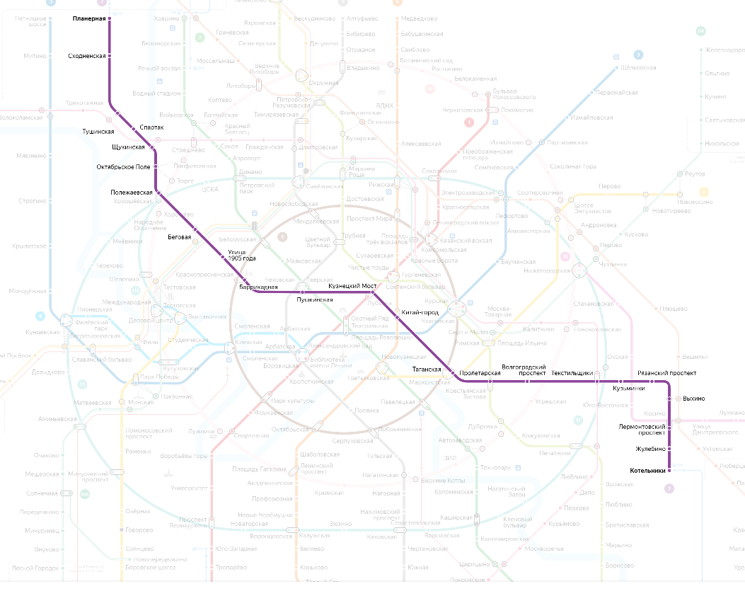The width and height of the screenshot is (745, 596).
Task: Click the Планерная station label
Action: [x=88, y=18]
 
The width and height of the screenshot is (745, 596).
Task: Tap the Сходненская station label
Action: [x=87, y=55]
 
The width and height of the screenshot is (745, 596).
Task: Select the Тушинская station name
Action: [x=98, y=132]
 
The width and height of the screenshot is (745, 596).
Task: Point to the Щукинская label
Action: [x=128, y=147]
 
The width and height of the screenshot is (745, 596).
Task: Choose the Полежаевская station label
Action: [x=132, y=193]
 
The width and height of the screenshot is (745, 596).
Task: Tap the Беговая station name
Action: [x=179, y=237]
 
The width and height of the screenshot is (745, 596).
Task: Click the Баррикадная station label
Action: [x=258, y=287]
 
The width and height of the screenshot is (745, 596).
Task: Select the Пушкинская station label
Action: [x=314, y=300]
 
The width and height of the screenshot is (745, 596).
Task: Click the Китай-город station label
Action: [x=420, y=312]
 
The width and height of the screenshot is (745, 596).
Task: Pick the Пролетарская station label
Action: [x=480, y=372]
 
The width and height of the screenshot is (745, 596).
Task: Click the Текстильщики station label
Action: [x=572, y=373]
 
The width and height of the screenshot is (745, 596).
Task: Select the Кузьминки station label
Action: [x=628, y=388]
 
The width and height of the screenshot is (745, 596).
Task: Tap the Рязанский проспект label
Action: [x=666, y=373]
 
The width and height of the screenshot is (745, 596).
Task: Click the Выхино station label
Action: [x=693, y=399]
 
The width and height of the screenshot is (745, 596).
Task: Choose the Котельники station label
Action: [x=647, y=471]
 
